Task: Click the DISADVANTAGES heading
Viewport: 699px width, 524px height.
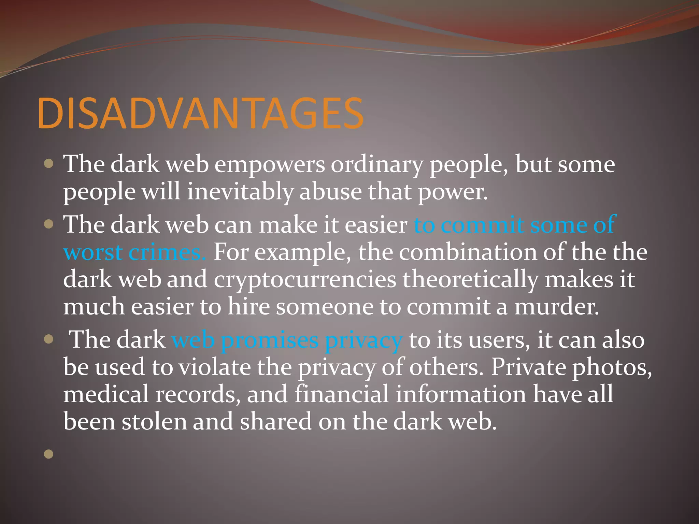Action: point(201,114)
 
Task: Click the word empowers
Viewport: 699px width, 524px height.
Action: point(270,165)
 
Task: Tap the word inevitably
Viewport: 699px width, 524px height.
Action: point(240,192)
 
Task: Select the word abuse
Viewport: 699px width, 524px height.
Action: point(330,192)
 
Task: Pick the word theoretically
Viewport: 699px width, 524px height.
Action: point(470,280)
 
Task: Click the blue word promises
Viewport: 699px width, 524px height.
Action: point(270,340)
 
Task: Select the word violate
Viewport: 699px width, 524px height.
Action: point(214,367)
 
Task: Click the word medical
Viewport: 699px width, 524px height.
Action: point(106,394)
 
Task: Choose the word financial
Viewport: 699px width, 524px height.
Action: point(341,394)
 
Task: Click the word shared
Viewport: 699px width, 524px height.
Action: point(275,422)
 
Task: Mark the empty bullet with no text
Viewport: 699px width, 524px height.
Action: point(49,454)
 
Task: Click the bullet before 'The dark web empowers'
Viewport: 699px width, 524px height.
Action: point(49,164)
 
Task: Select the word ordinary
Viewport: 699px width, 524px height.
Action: point(377,165)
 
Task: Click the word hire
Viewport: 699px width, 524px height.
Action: point(248,307)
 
